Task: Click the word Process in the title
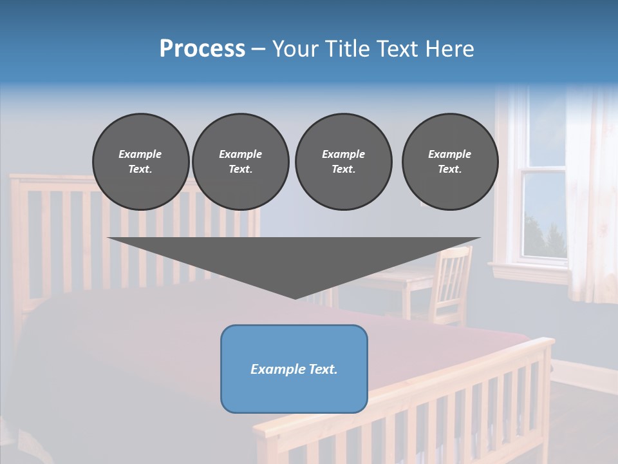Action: (202, 49)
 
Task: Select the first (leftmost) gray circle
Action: (140, 162)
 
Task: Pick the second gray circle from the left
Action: (240, 162)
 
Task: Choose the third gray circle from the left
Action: (343, 162)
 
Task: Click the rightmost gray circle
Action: (449, 162)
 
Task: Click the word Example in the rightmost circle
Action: (449, 154)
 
